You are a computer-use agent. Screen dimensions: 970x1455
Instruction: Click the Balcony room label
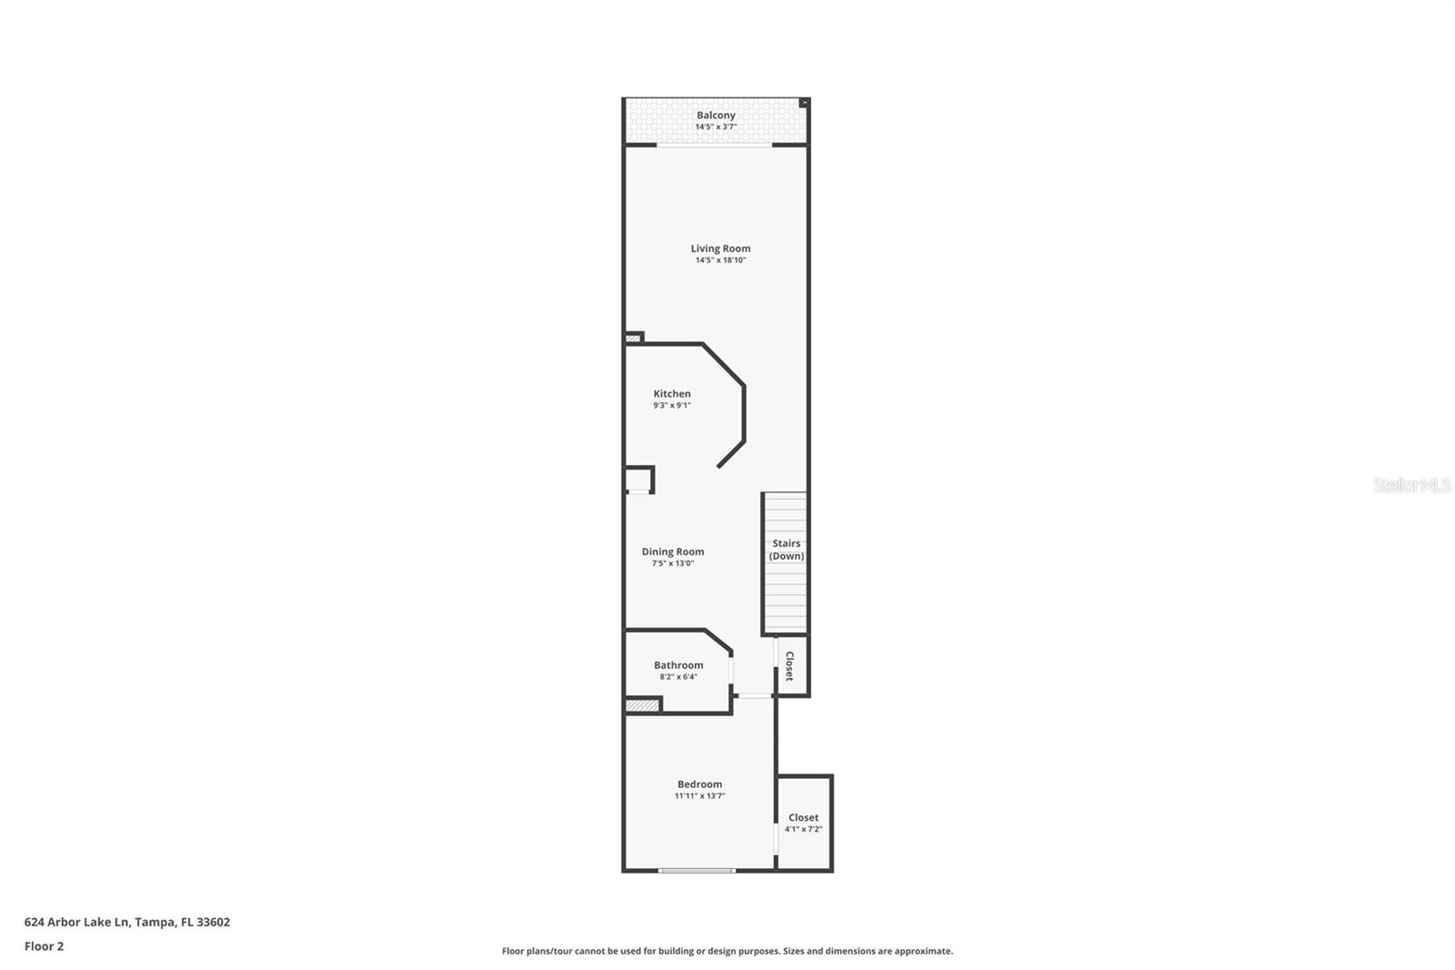pos(716,116)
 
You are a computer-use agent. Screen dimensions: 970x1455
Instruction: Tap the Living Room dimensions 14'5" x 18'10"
pos(720,260)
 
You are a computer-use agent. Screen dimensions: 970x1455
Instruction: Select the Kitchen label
pos(672,394)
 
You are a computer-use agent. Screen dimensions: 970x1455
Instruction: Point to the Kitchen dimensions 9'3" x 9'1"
pos(672,406)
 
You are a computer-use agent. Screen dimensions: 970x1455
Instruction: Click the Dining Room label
pos(673,551)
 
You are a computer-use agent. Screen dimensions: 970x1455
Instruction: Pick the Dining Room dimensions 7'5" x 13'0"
pos(673,563)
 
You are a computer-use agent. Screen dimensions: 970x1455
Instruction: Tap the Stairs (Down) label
pos(787,550)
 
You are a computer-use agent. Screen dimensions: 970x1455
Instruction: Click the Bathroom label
pos(678,665)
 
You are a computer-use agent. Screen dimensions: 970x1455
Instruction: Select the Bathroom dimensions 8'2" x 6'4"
pos(678,677)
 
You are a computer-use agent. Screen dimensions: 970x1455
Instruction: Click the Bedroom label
pos(699,784)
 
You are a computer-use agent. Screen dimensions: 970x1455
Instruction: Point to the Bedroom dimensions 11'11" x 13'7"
pos(699,796)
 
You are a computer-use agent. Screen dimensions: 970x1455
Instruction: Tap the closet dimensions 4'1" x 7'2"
pos(804,829)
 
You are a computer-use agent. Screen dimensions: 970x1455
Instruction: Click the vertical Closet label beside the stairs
pos(789,666)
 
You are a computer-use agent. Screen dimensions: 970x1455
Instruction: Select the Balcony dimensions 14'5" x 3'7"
pos(716,127)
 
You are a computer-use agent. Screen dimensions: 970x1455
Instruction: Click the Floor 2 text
pos(44,946)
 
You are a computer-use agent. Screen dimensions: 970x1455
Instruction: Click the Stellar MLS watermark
pos(1411,485)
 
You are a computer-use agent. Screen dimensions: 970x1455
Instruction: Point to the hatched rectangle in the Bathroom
pos(642,705)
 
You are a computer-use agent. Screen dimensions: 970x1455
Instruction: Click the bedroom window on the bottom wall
pos(697,871)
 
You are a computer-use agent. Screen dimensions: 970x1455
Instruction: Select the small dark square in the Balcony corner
pos(803,104)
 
